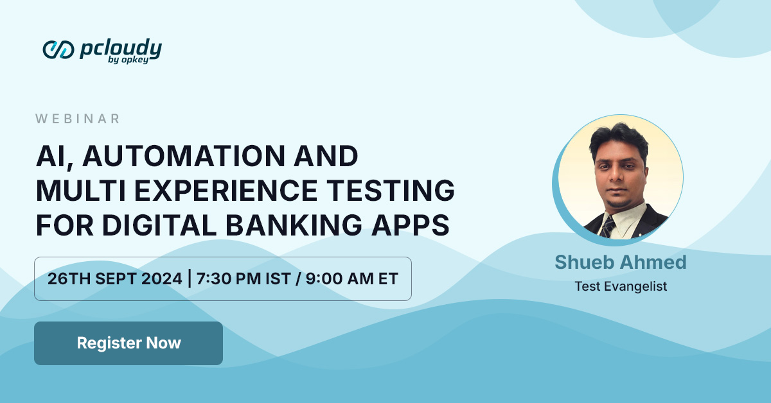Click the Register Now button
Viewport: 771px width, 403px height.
point(128,343)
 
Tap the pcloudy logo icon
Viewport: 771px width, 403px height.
point(58,50)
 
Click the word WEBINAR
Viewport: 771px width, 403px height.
point(78,119)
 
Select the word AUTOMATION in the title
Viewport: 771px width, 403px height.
point(184,156)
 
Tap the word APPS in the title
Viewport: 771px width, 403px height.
point(410,225)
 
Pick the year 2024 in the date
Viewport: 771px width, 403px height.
point(161,279)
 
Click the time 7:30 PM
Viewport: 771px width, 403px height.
point(229,279)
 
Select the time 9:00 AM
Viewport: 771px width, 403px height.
point(340,279)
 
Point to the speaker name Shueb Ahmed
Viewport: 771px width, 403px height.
point(621,262)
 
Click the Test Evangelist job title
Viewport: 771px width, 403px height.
point(621,286)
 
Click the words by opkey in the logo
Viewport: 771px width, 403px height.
point(128,60)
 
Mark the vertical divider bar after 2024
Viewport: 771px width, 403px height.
point(190,279)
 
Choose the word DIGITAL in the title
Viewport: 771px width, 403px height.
point(159,225)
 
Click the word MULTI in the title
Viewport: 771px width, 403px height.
point(80,190)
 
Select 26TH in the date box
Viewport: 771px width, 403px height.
point(69,279)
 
